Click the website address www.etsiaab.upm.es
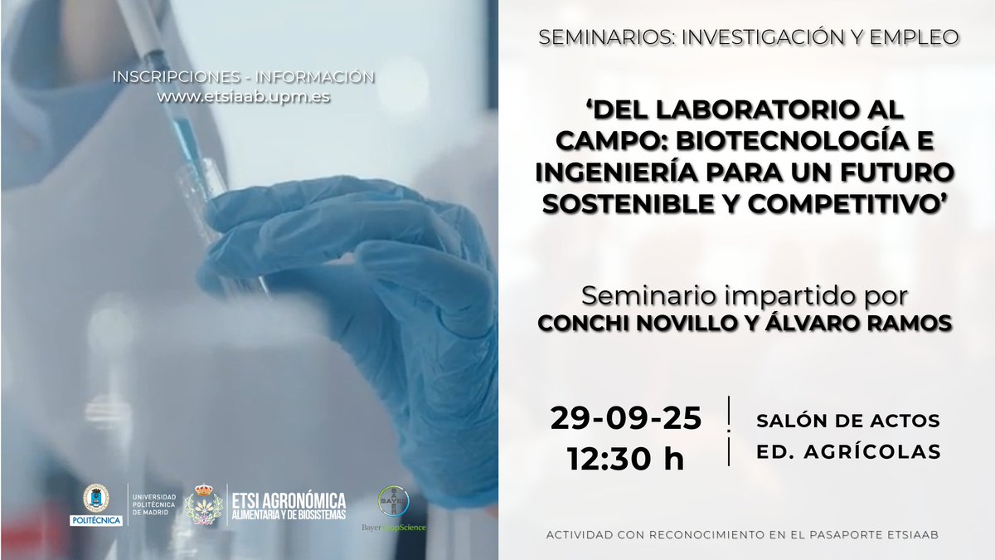[244, 96]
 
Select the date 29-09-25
[625, 419]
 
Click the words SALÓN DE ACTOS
[848, 421]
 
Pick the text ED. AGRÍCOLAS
[848, 452]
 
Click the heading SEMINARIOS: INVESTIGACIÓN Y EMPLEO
[748, 37]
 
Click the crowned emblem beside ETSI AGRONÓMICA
[201, 504]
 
